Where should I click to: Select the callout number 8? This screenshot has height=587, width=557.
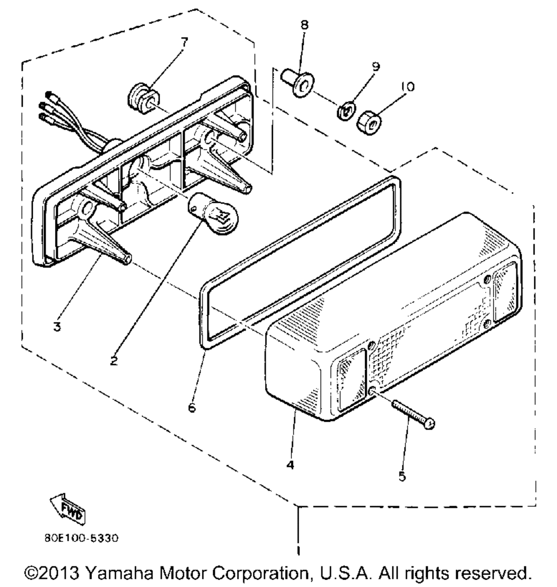coord(304,25)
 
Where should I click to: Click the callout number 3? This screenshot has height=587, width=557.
coord(57,327)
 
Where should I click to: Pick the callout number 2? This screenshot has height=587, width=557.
coord(113,361)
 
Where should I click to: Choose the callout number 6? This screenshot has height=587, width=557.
coord(192,408)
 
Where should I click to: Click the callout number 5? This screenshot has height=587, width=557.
coord(402,476)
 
